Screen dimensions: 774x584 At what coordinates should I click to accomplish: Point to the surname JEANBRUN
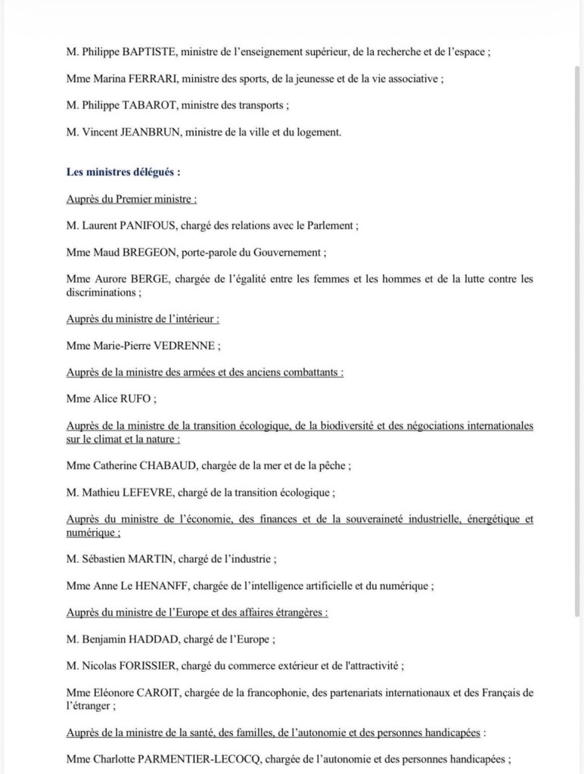point(146,132)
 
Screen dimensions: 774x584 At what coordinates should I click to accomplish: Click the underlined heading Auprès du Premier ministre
point(132,199)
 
